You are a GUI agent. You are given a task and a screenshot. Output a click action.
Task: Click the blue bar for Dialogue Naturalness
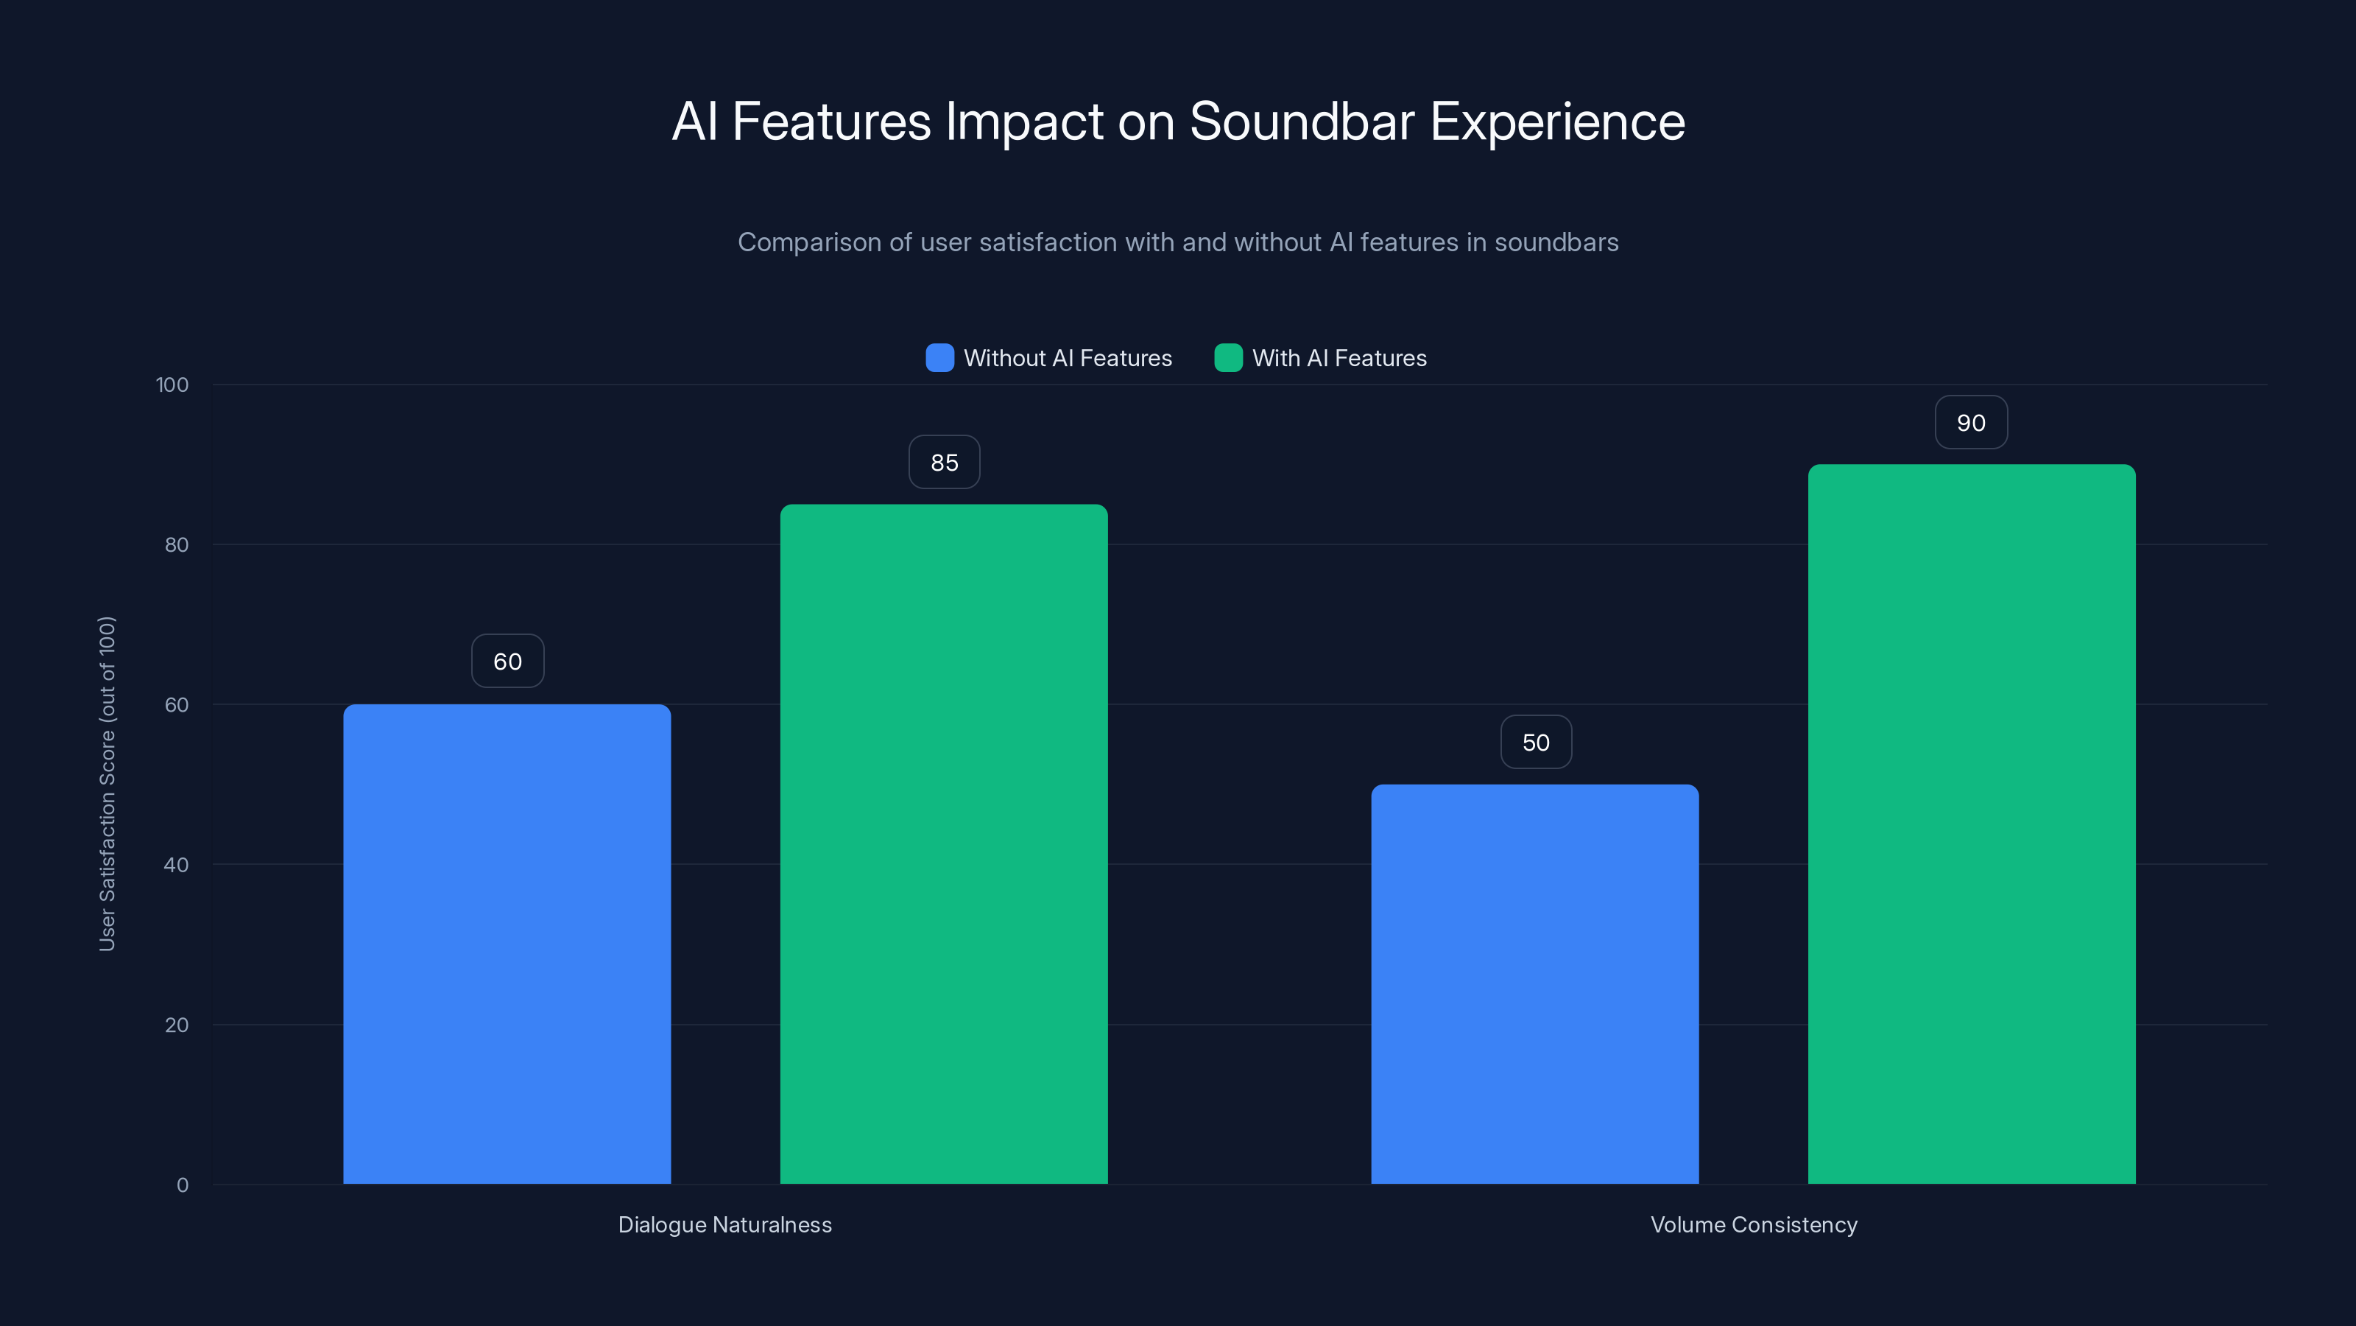507,944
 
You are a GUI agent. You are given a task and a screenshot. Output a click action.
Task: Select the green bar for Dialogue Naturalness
943,843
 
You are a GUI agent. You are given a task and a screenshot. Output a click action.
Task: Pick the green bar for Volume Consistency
1971,824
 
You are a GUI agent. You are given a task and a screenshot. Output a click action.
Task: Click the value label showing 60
507,662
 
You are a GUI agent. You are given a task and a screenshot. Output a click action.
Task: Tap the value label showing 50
1536,742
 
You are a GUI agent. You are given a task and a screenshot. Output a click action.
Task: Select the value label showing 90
1971,423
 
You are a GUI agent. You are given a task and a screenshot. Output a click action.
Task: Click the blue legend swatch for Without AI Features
939,358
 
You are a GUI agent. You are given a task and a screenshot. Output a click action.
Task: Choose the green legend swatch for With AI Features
1227,358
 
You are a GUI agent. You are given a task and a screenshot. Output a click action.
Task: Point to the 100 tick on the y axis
172,385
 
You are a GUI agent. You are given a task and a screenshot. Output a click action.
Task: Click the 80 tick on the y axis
177,545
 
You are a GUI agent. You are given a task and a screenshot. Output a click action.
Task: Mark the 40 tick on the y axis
177,865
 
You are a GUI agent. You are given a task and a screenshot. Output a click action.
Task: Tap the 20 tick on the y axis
177,1025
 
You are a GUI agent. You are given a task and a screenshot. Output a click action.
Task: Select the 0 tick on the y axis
182,1185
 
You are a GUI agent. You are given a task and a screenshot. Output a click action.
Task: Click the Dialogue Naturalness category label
725,1224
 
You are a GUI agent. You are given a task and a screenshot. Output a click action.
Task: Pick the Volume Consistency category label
1753,1224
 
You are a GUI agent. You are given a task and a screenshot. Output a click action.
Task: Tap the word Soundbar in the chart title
1302,122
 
